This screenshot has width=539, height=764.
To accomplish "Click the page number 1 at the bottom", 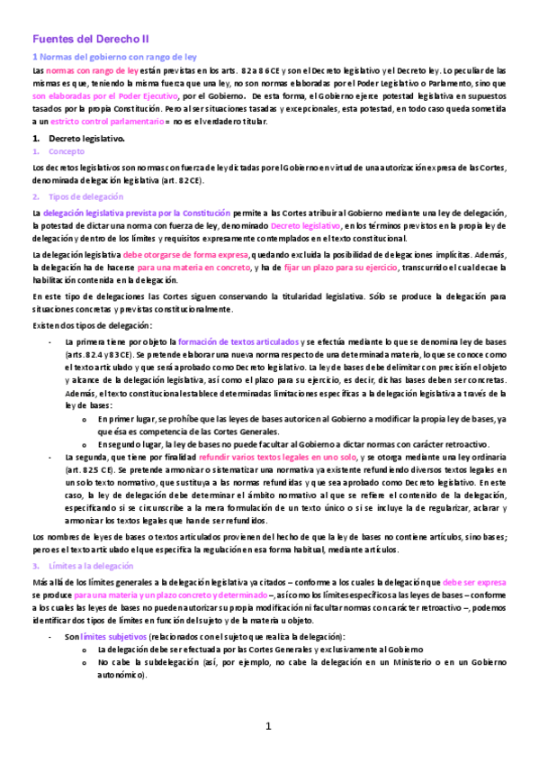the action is coord(268,726).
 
